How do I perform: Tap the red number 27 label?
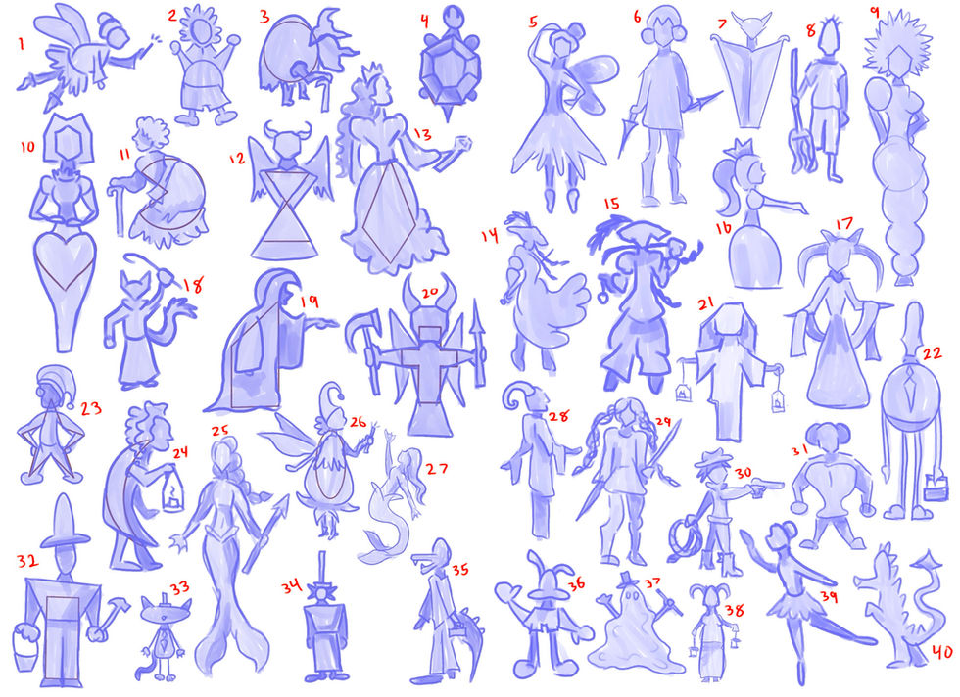pos(437,469)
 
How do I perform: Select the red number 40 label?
pos(941,651)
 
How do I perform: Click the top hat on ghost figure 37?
pos(626,578)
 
